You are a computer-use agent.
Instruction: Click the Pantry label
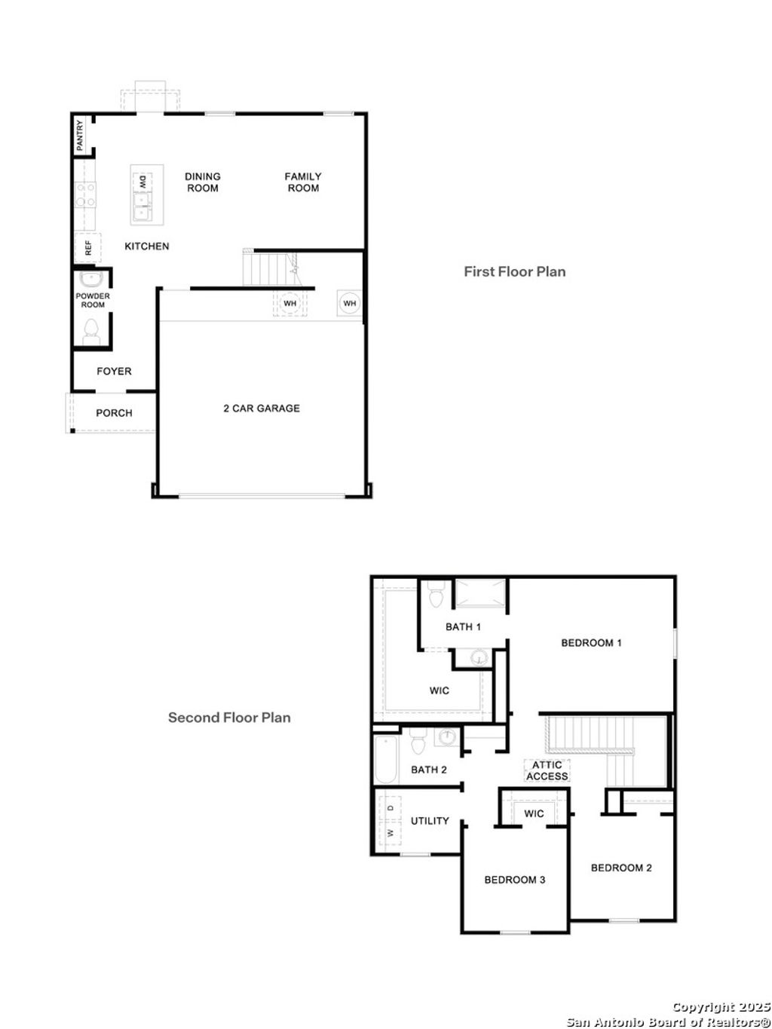80,135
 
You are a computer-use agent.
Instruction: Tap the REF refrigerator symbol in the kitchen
87,247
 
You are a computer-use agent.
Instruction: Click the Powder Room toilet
92,330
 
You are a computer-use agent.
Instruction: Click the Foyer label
114,371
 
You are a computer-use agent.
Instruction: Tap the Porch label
114,413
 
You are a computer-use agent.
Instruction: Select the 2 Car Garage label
261,409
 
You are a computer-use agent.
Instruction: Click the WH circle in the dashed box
289,304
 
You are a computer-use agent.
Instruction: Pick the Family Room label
303,182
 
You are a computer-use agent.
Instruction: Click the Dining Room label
203,182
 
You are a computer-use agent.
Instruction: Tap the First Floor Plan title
514,271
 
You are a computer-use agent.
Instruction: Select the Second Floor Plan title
229,718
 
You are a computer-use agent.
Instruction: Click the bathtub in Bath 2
384,760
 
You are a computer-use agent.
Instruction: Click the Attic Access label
547,770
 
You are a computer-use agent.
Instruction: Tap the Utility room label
430,821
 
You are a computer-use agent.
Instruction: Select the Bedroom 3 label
515,880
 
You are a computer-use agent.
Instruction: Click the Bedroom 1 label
591,643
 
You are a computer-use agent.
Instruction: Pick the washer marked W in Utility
391,833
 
